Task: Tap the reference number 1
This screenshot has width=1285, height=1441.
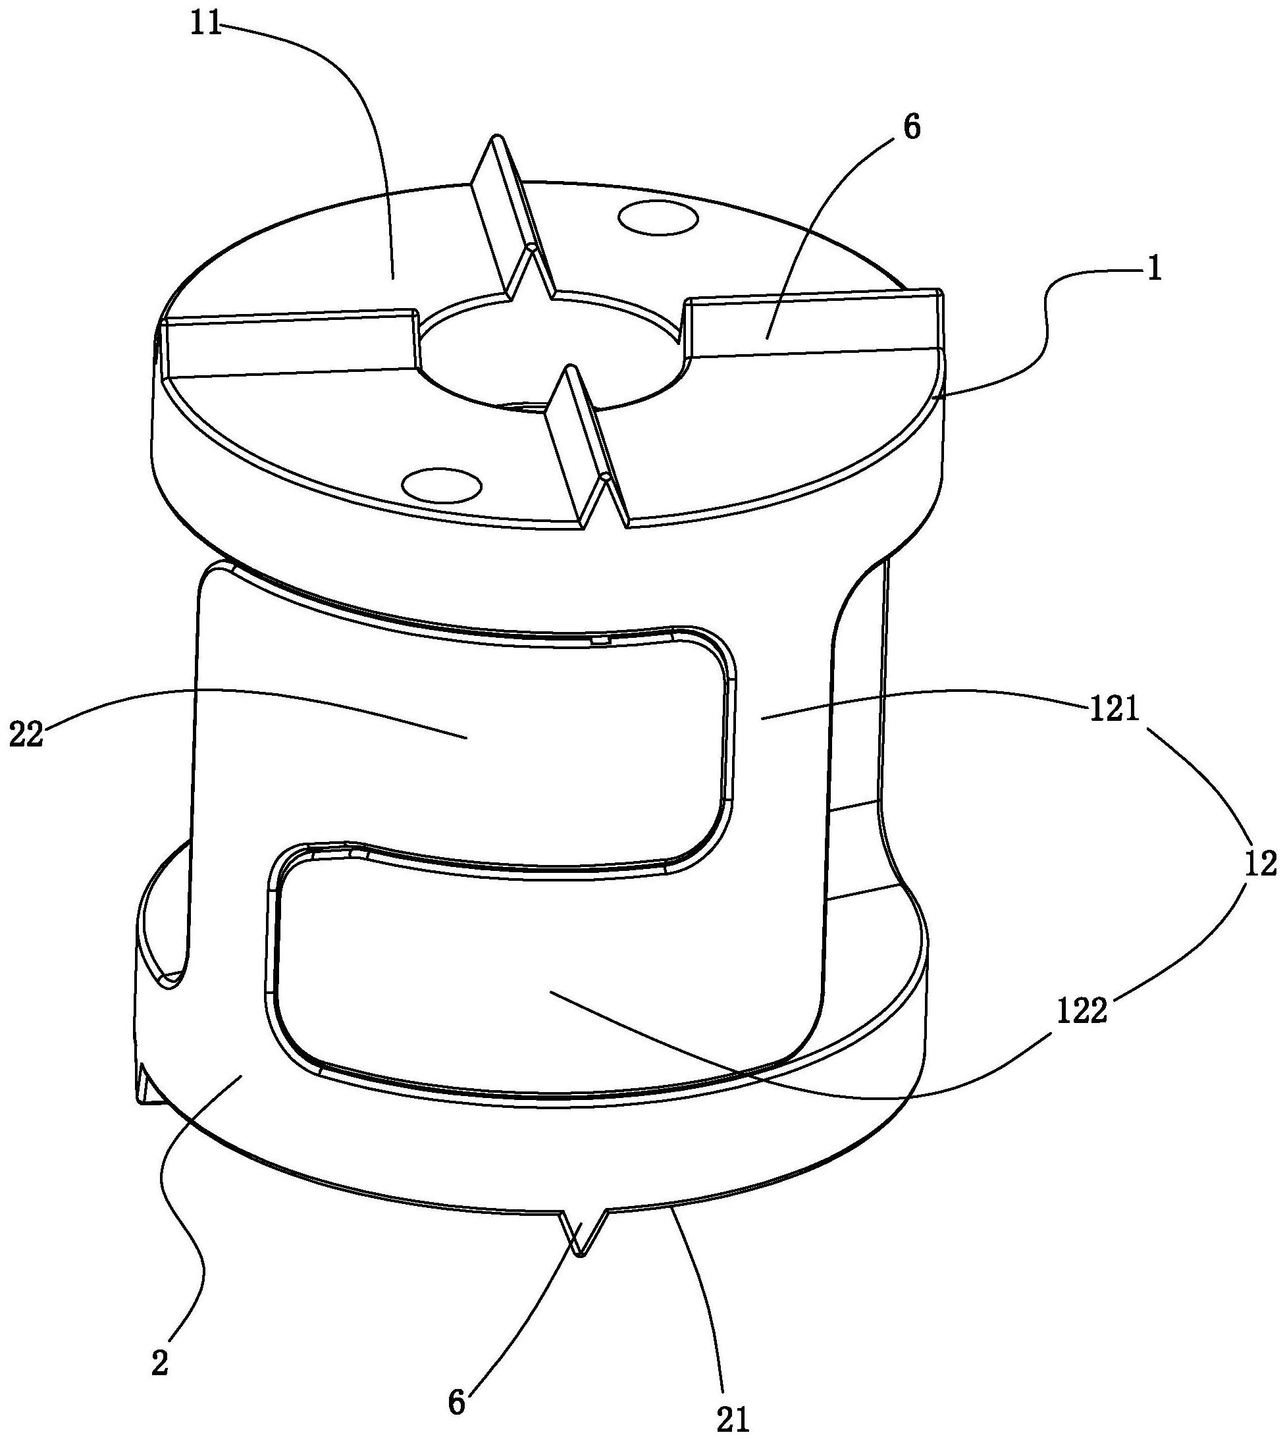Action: pos(1155,270)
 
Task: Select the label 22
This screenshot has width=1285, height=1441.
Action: pos(26,734)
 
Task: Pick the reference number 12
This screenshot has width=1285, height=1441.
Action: pos(1260,863)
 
